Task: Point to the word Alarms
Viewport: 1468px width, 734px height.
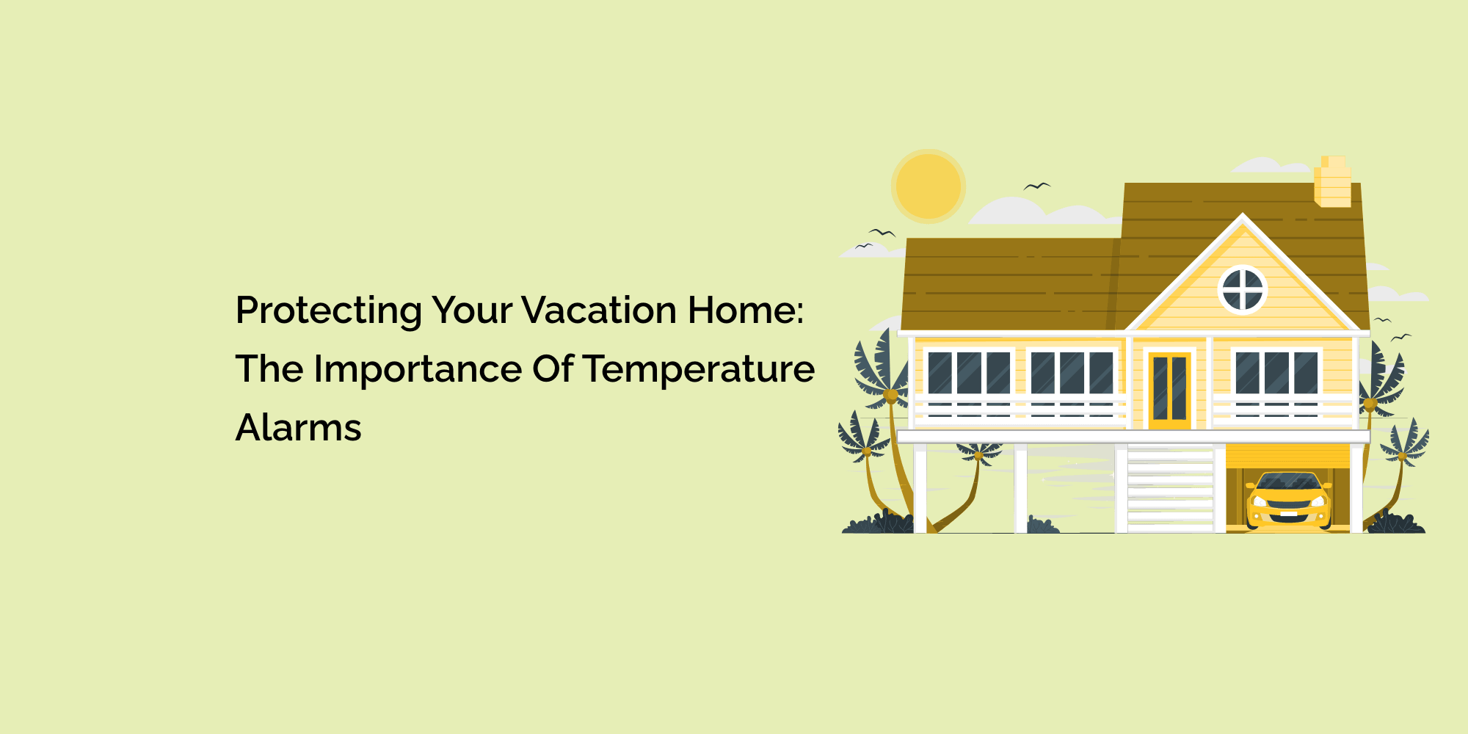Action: coord(298,428)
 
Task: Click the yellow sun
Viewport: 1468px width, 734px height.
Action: coord(929,186)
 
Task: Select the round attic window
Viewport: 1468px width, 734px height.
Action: coord(1242,289)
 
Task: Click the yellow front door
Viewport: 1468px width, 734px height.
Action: coord(1169,389)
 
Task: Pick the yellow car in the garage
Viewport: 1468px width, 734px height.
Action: coord(1288,501)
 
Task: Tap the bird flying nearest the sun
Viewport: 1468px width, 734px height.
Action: coord(1036,186)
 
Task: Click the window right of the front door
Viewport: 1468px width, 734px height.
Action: coord(1276,373)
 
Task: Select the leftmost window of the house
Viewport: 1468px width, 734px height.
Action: coord(969,373)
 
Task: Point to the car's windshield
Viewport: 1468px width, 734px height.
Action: coord(1288,483)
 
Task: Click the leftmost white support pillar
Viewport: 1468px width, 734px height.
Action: coord(920,487)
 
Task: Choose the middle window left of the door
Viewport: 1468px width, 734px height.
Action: coord(1072,373)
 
